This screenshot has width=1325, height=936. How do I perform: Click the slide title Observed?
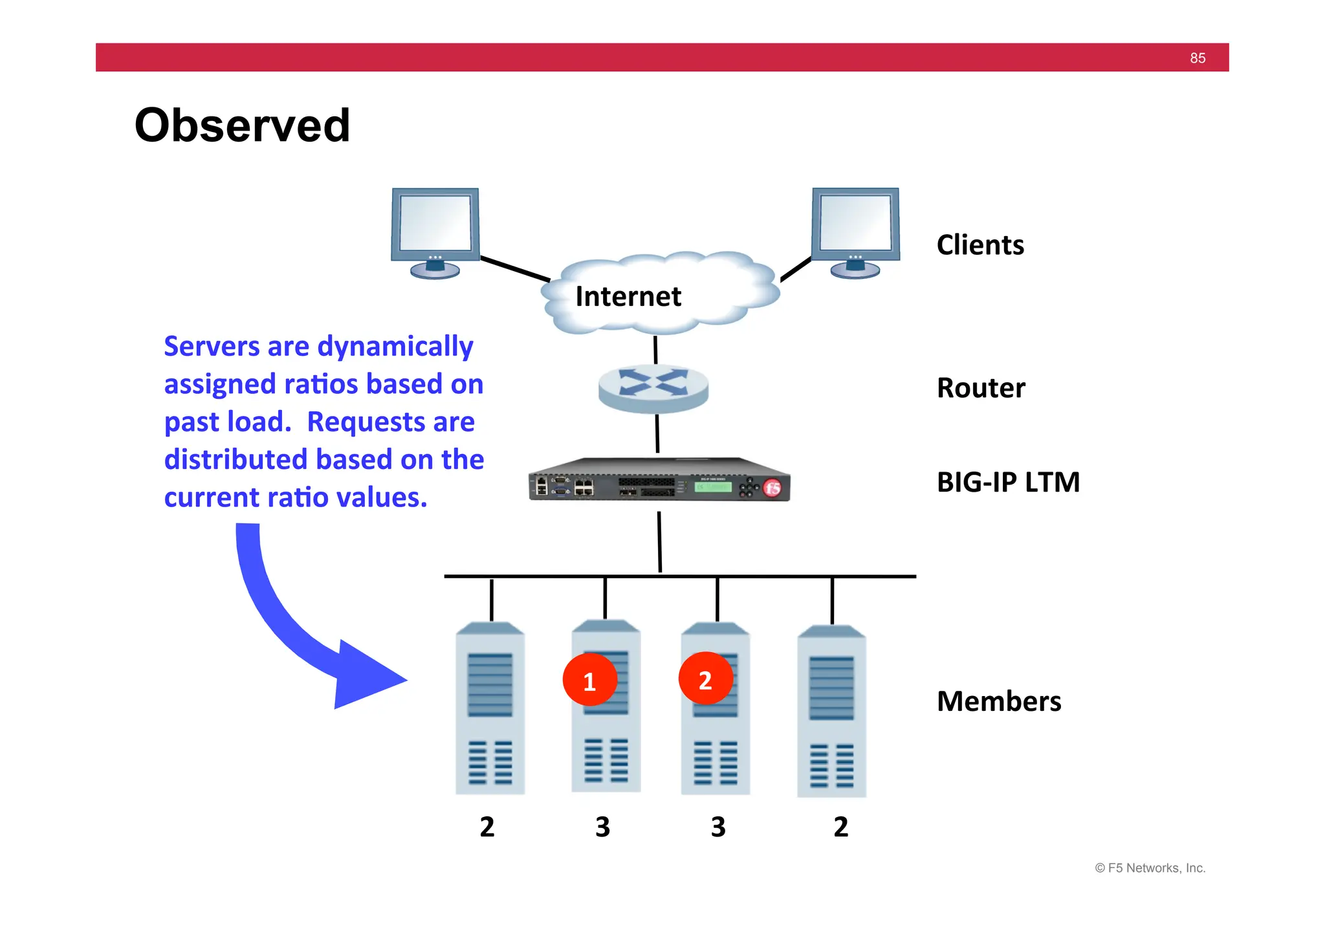coord(242,125)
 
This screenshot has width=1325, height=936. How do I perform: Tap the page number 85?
coord(1197,58)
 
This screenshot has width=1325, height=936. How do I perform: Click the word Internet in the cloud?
coord(628,297)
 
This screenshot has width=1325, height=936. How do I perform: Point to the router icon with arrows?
coord(653,386)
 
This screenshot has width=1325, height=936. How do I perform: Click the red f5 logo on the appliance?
coord(772,487)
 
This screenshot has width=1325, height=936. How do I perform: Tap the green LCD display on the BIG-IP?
coord(713,486)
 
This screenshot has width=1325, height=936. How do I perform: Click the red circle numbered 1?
coord(589,680)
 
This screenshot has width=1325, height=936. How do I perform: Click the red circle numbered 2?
coord(705,679)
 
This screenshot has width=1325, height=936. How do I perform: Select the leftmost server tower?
coord(490,708)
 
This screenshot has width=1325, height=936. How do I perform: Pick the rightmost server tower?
coord(831,712)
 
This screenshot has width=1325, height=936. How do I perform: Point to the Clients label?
coord(980,245)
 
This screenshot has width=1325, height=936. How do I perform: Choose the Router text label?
coord(980,388)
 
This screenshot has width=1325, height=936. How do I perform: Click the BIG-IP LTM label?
coord(1008,483)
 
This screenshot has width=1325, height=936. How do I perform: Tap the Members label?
coord(998,701)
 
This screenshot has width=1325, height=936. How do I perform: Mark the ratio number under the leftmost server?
coord(487,827)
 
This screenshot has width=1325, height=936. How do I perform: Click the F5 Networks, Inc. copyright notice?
coord(1150,868)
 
